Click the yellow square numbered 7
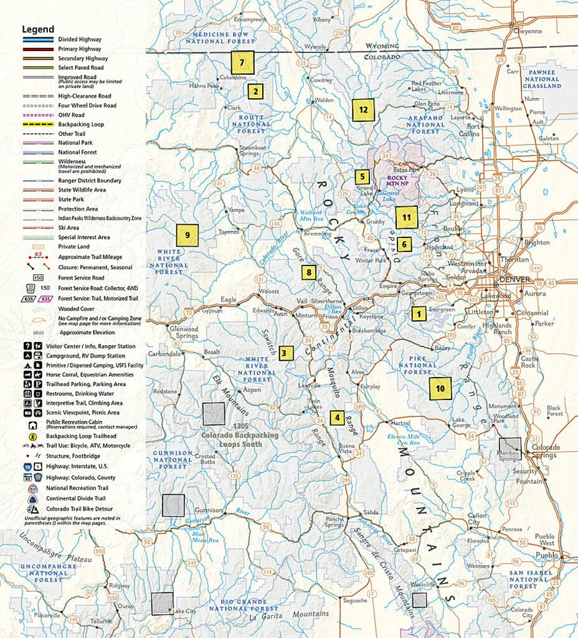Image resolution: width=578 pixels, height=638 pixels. point(243,62)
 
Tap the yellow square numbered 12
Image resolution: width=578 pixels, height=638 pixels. point(362,110)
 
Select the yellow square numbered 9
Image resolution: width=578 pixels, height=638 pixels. point(187,235)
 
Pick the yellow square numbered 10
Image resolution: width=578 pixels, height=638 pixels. point(440,388)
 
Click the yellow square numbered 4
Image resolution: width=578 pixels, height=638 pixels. point(337,417)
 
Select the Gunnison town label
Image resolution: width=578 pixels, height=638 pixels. point(208,510)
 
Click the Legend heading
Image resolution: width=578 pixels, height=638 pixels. point(38,29)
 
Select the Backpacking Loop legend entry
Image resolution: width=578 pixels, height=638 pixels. point(81,124)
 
